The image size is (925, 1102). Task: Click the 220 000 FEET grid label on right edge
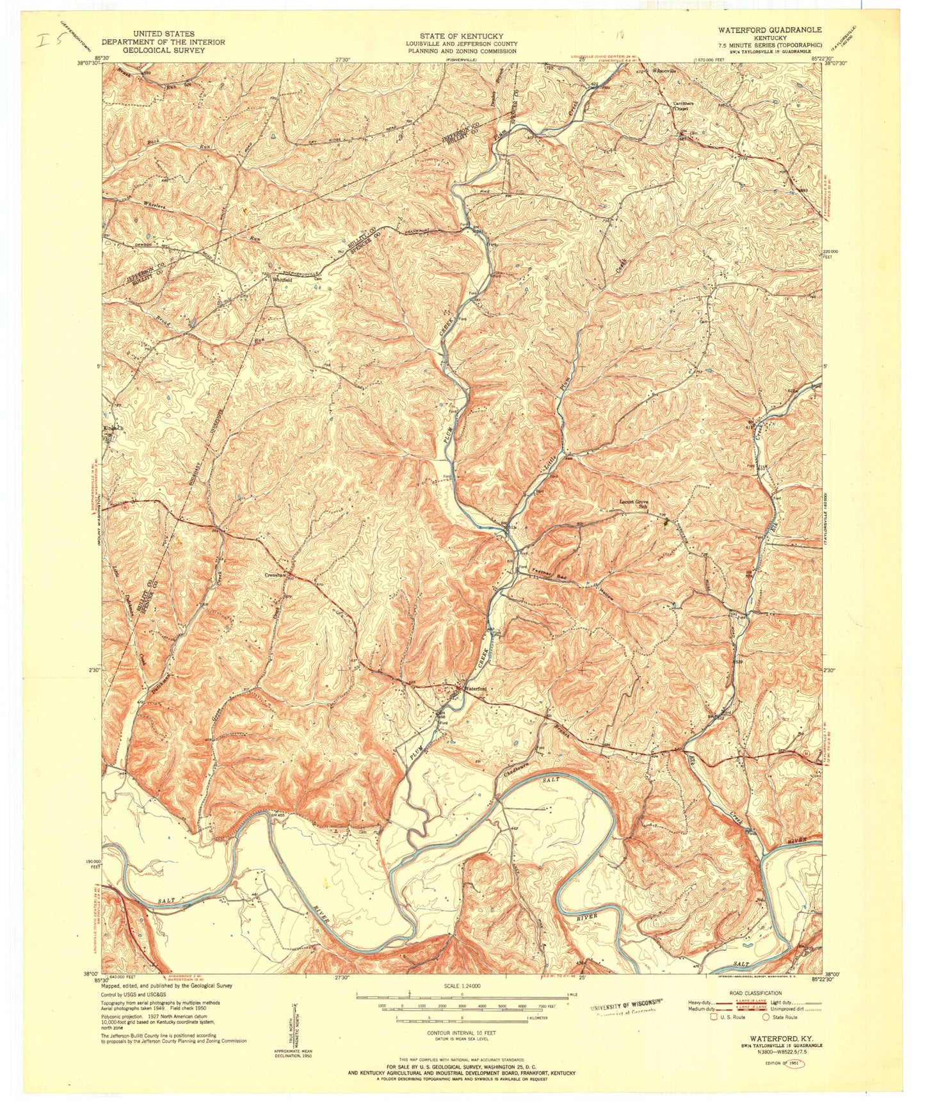coord(833,254)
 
